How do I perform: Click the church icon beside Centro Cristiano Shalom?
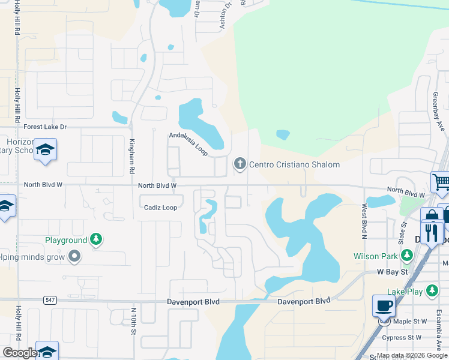(240, 164)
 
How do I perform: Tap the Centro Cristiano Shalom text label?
(294, 164)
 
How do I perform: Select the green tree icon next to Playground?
(95, 240)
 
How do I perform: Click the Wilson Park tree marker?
(406, 256)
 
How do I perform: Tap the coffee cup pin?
(384, 306)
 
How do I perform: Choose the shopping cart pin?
(441, 181)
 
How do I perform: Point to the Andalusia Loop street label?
(188, 145)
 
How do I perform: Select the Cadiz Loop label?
(160, 208)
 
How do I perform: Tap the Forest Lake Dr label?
(44, 127)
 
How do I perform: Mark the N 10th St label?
(134, 321)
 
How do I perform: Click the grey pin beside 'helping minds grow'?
(74, 257)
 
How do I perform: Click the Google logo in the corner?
(20, 353)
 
